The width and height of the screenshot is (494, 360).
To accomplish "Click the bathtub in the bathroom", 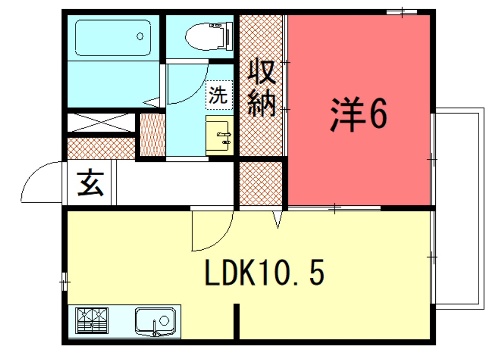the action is pyautogui.click(x=113, y=38).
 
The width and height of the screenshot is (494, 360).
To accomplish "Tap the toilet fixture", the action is pyautogui.click(x=209, y=36).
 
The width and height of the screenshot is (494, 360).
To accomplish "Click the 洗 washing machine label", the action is pyautogui.click(x=218, y=94).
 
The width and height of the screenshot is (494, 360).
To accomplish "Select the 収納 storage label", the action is pyautogui.click(x=262, y=87).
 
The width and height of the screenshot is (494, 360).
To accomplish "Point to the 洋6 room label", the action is pyautogui.click(x=359, y=114).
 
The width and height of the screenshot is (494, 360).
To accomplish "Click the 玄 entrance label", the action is pyautogui.click(x=91, y=183).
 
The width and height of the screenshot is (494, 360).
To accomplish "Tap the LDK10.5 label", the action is pyautogui.click(x=264, y=273).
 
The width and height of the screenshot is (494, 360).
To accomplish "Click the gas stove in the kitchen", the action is pyautogui.click(x=92, y=320).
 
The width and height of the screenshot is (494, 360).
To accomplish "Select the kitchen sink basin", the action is pyautogui.click(x=155, y=321).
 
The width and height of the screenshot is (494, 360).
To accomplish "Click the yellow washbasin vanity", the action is pyautogui.click(x=219, y=135).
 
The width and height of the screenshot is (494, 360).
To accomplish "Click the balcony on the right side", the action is pyautogui.click(x=459, y=208).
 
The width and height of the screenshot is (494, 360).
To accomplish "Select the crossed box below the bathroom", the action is pyautogui.click(x=101, y=122).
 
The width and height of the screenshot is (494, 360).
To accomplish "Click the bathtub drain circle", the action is pyautogui.click(x=140, y=36).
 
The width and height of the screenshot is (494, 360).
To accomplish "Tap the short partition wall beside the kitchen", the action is pyautogui.click(x=236, y=321).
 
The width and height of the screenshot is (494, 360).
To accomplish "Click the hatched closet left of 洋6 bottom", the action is pyautogui.click(x=261, y=183).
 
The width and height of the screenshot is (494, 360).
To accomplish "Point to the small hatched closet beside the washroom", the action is pyautogui.click(x=152, y=135).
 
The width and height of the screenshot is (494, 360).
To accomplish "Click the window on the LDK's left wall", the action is pyautogui.click(x=65, y=282).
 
